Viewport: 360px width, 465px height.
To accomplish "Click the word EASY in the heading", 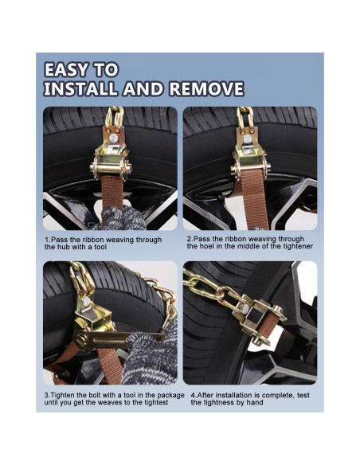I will pyautogui.click(x=70, y=69).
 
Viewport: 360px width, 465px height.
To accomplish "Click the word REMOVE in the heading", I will pyautogui.click(x=201, y=88).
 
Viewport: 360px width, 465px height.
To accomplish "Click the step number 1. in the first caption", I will pyautogui.click(x=47, y=240).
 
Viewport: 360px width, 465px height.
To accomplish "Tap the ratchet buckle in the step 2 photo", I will pyautogui.click(x=248, y=159).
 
